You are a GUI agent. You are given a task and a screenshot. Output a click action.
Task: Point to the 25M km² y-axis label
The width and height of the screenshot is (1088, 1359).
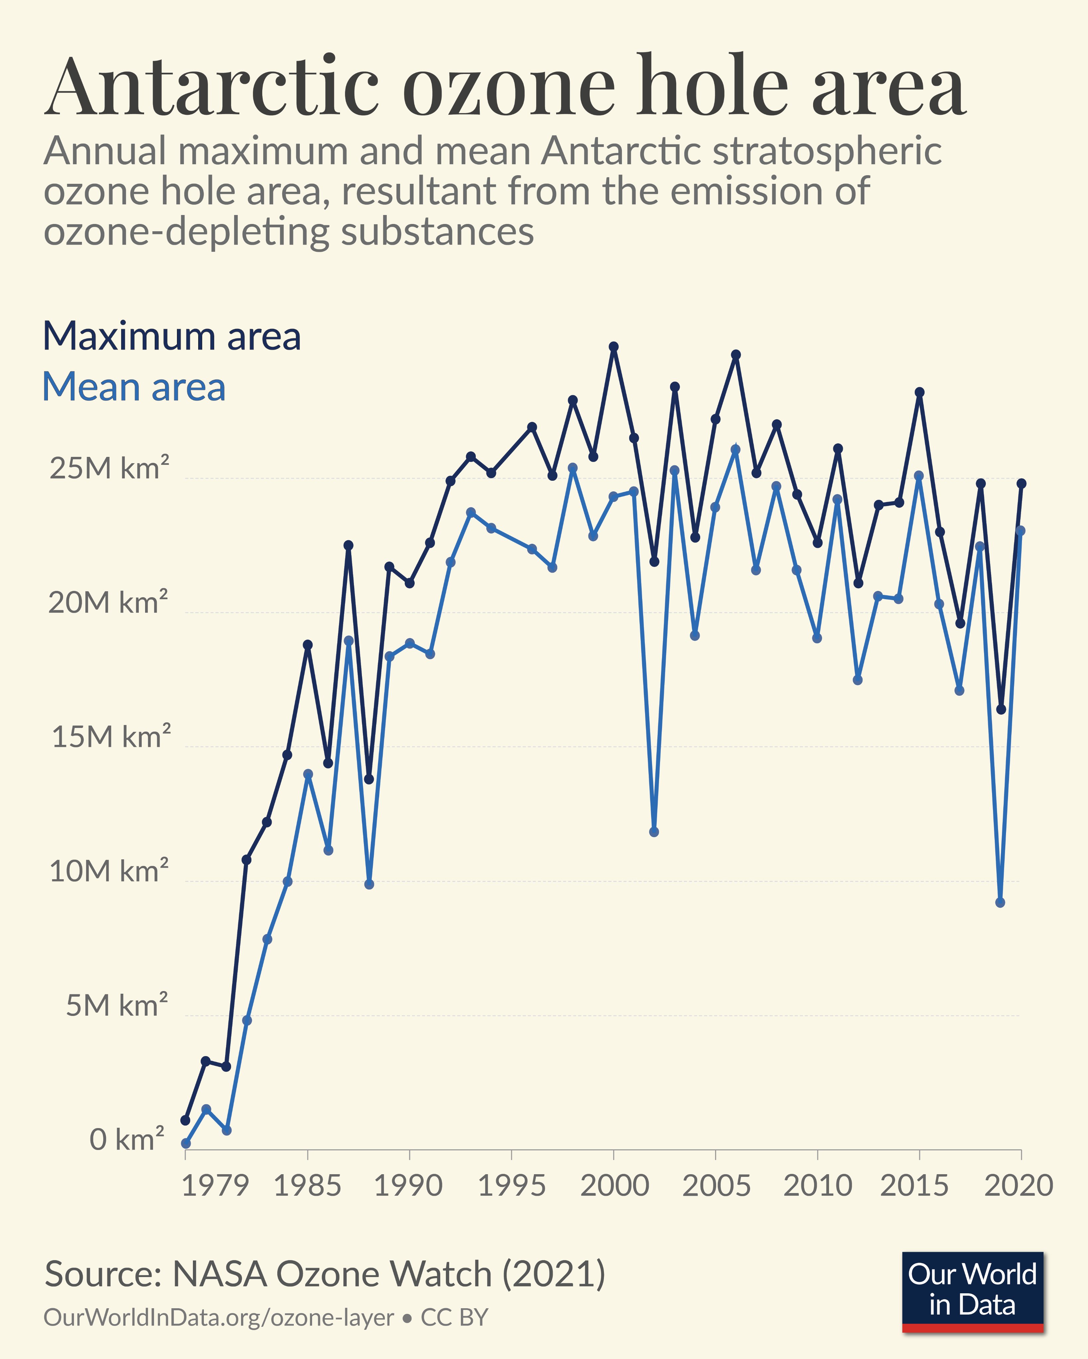pyautogui.click(x=109, y=468)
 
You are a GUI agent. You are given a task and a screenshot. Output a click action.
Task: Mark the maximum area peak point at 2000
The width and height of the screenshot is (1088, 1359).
pyautogui.click(x=614, y=347)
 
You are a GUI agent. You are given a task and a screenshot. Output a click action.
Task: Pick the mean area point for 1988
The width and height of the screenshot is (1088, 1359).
pyautogui.click(x=369, y=884)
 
